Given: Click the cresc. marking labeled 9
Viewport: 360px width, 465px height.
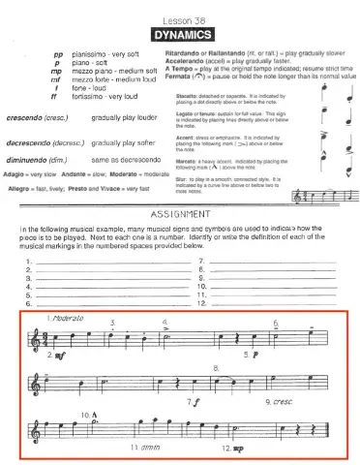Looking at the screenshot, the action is pyautogui.click(x=289, y=399).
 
